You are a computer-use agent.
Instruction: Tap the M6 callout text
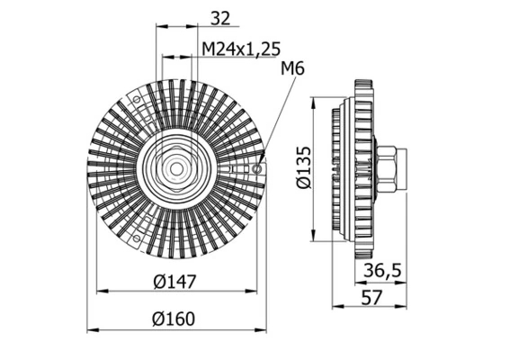point(293,69)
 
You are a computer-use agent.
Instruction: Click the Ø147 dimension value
point(174,283)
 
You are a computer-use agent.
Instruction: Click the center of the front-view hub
point(175,168)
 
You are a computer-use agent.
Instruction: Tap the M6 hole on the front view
point(258,168)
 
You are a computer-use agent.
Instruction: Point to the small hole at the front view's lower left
point(135,239)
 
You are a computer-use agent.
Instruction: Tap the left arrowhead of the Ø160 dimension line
point(90,327)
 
